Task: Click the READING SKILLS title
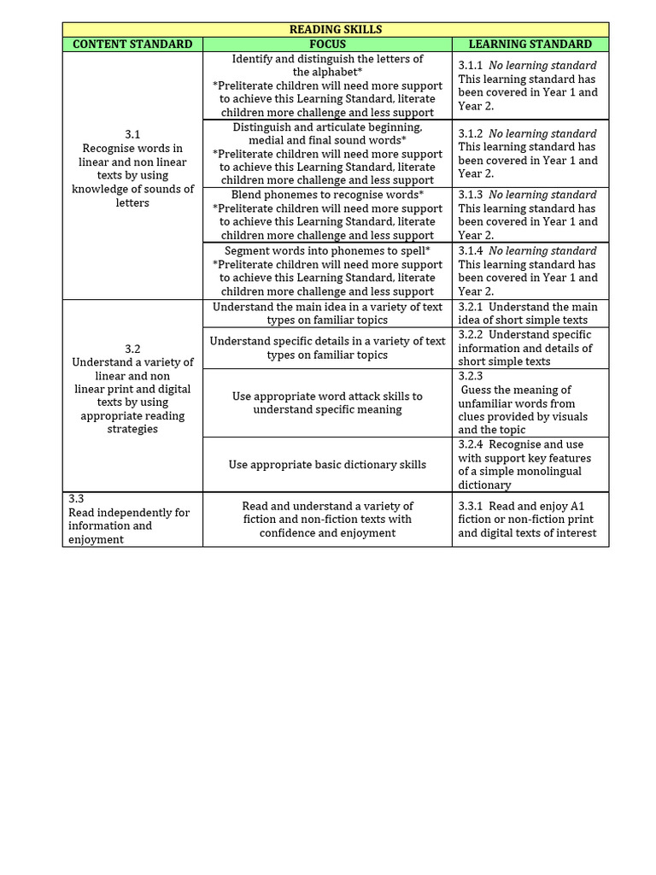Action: (336, 29)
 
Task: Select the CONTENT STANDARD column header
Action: (132, 44)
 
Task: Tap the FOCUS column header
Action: (327, 44)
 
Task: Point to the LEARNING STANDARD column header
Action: (530, 44)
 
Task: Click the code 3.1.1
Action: (471, 65)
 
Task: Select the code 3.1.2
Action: (471, 133)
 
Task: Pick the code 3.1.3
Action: (471, 195)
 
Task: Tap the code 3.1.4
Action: (471, 250)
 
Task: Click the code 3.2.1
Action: (471, 307)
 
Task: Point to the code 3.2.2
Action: (471, 335)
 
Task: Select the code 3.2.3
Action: (471, 376)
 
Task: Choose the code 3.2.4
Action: (471, 444)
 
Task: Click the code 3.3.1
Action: (471, 506)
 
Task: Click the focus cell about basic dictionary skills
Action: (327, 465)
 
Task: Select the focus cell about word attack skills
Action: (327, 402)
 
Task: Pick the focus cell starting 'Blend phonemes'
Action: (327, 214)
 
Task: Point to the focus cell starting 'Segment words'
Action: (327, 271)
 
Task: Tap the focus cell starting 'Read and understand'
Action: (327, 520)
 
